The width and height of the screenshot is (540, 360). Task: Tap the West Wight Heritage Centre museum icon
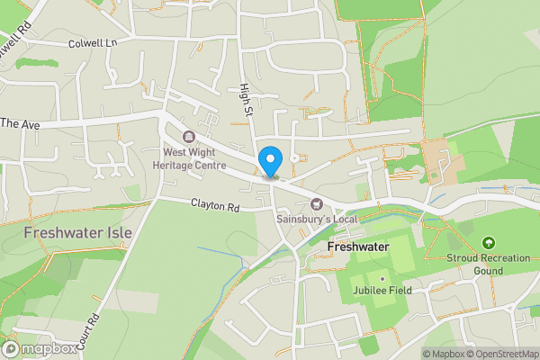pyautogui.click(x=189, y=137)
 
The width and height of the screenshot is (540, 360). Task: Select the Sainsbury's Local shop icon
pyautogui.click(x=316, y=204)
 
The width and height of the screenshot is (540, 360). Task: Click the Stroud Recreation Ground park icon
pyautogui.click(x=488, y=243)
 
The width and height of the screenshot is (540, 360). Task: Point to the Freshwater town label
pyautogui.click(x=357, y=246)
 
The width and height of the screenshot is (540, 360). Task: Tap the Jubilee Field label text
pyautogui.click(x=382, y=291)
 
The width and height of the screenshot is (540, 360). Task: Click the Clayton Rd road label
pyautogui.click(x=215, y=205)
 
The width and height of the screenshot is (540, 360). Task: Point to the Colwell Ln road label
pyautogui.click(x=94, y=42)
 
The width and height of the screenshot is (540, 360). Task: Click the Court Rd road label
pyautogui.click(x=94, y=323)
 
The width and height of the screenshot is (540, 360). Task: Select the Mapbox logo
pyautogui.click(x=40, y=348)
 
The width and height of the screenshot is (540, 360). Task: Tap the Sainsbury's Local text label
pyautogui.click(x=316, y=220)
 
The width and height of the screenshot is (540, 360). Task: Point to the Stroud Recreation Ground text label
pyautogui.click(x=488, y=264)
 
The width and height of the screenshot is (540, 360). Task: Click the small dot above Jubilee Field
pyautogui.click(x=382, y=279)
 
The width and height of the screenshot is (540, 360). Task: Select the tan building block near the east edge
pyautogui.click(x=441, y=157)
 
